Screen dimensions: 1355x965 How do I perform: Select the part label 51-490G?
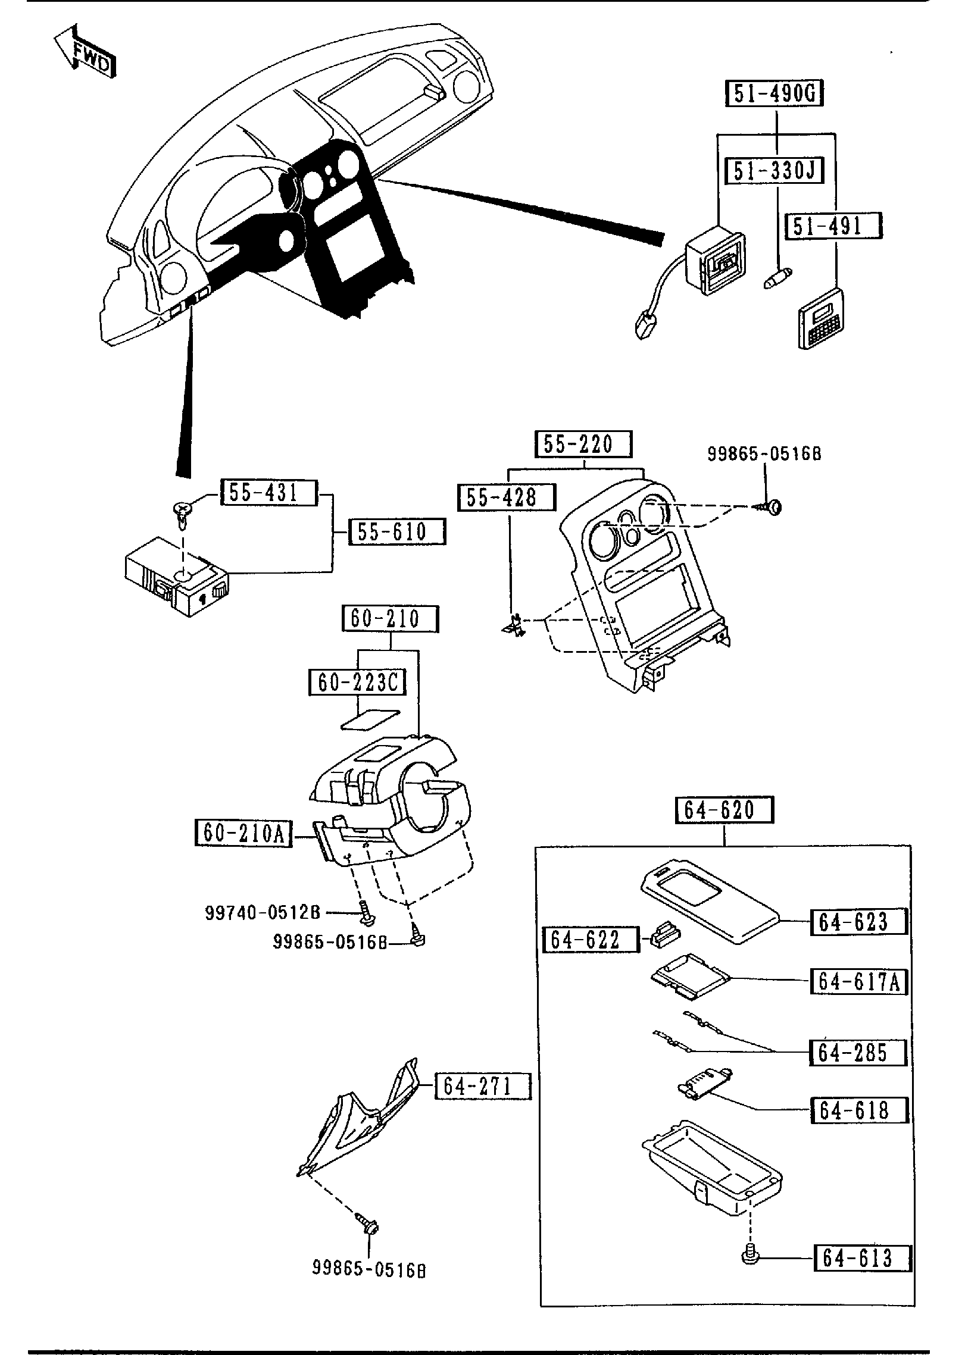pyautogui.click(x=775, y=95)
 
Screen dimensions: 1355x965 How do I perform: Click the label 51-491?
pyautogui.click(x=834, y=227)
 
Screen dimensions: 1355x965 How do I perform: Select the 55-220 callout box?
pyautogui.click(x=582, y=445)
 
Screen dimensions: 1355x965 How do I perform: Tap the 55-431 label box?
pyautogui.click(x=269, y=493)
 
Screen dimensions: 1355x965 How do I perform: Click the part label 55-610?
pyautogui.click(x=397, y=531)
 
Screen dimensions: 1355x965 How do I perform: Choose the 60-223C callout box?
pyautogui.click(x=357, y=683)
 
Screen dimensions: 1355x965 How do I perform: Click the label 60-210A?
pyautogui.click(x=243, y=833)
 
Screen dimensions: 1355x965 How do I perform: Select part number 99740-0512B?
pyautogui.click(x=263, y=929)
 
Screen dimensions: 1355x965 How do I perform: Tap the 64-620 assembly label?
pyautogui.click(x=724, y=811)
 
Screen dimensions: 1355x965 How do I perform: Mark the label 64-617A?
pyautogui.click(x=858, y=981)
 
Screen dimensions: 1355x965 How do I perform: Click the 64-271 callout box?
pyautogui.click(x=482, y=1087)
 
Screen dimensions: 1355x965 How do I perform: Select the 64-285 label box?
pyautogui.click(x=858, y=1052)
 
